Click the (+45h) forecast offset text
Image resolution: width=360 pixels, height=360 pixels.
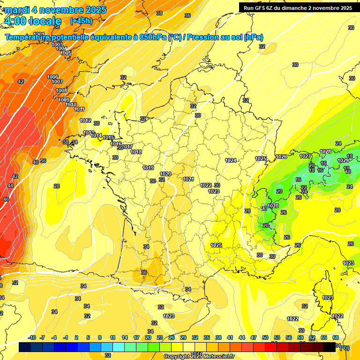pyautogui.click(x=81, y=21)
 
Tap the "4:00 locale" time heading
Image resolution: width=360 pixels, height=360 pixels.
pyautogui.click(x=32, y=21)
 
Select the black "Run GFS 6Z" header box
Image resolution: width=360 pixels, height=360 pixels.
pyautogui.click(x=297, y=7)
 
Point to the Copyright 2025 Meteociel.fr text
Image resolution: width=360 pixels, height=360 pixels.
pyautogui.click(x=199, y=356)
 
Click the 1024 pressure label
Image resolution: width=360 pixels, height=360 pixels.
pyautogui.click(x=231, y=160)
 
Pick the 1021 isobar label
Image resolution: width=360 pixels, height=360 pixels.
pyautogui.click(x=188, y=179)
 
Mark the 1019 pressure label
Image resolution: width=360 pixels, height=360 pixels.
pyautogui.click(x=148, y=168)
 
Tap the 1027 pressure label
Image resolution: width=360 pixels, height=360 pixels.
pyautogui.click(x=305, y=156)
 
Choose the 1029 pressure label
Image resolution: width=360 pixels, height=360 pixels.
pyautogui.click(x=343, y=160)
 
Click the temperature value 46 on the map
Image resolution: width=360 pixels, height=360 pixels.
pyautogui.click(x=6, y=199)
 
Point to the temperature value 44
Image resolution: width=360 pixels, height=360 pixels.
pyautogui.click(x=11, y=186)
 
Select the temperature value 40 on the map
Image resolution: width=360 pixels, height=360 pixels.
pyautogui.click(x=36, y=162)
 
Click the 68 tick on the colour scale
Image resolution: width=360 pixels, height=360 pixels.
pyautogui.click(x=336, y=337)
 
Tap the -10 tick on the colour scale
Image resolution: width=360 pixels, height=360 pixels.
pyautogui.click(x=32, y=337)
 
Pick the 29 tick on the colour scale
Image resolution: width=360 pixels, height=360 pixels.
pyautogui.click(x=183, y=337)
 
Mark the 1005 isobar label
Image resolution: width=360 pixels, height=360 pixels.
pyautogui.click(x=66, y=53)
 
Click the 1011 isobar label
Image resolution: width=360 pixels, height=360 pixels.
pyautogui.click(x=79, y=109)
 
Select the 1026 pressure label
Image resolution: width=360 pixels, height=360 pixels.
pyautogui.click(x=281, y=157)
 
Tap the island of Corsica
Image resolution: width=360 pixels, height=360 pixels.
pyautogui.click(x=325, y=295)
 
